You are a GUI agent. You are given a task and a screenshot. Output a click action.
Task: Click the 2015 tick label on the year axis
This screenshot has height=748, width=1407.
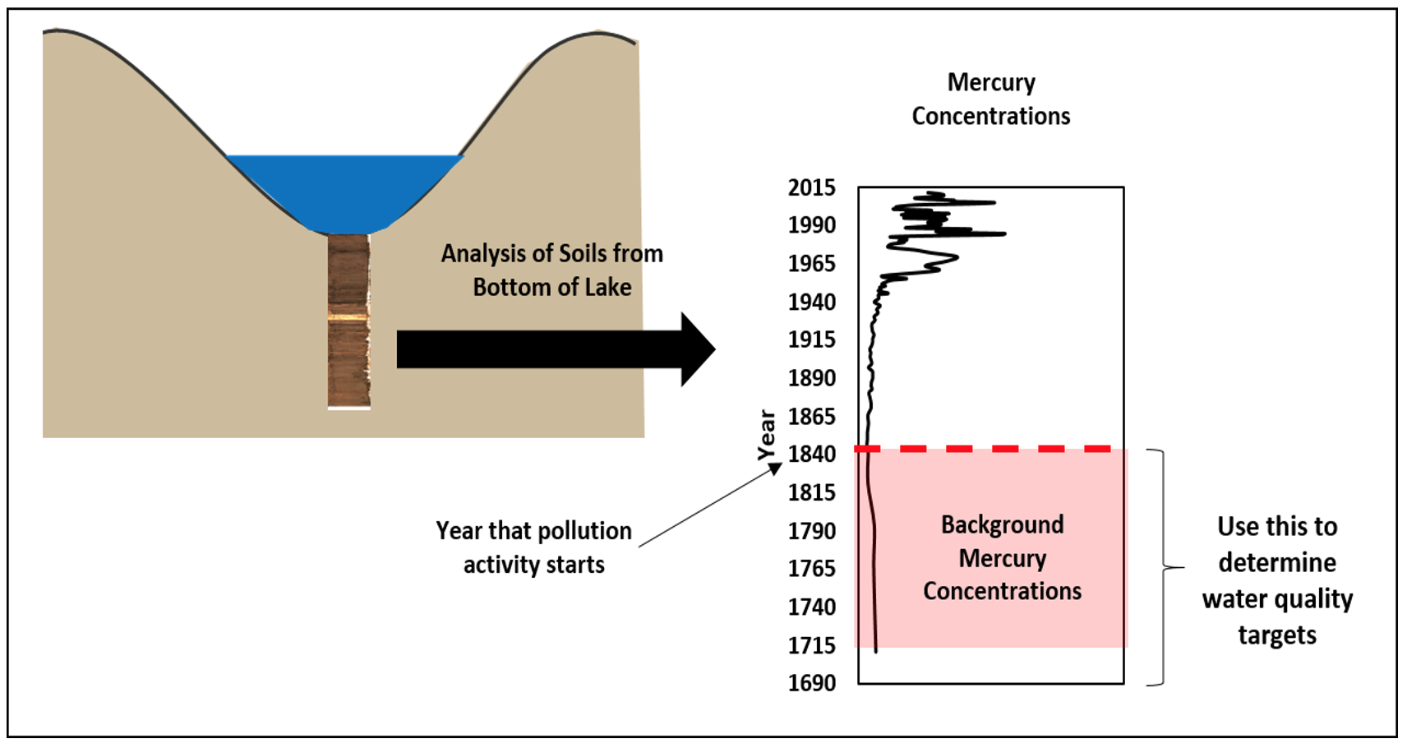(811, 187)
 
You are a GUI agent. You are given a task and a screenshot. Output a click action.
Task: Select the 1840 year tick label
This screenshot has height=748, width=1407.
(811, 454)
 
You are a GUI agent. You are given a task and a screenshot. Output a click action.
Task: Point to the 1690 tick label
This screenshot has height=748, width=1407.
(811, 683)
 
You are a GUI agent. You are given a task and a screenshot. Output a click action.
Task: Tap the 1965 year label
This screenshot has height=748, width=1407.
(811, 264)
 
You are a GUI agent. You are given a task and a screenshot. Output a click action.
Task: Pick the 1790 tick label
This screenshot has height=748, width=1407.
(811, 531)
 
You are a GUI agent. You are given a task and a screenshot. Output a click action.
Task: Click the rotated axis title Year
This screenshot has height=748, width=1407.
(766, 435)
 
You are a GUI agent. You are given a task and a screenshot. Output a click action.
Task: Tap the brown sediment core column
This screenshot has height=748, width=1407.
(348, 362)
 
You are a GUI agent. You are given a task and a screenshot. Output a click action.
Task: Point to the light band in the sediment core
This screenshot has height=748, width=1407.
(348, 316)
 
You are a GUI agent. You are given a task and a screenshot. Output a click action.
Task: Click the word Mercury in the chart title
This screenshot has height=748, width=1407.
(991, 82)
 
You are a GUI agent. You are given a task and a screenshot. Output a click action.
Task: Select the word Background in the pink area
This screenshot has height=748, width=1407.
(1002, 524)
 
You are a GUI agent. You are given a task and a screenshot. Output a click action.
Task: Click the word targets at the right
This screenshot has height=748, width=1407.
(1276, 635)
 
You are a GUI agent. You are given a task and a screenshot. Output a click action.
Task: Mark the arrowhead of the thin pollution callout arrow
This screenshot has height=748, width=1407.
(777, 468)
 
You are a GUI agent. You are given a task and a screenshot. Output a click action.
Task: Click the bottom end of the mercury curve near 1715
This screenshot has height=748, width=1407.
(876, 651)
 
